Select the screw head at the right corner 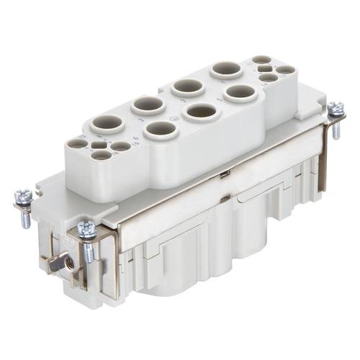point(335,109)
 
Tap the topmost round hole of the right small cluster point(263,60)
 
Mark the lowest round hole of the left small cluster point(102,155)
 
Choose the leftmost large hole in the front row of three point(159,130)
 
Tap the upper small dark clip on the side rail point(225,175)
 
